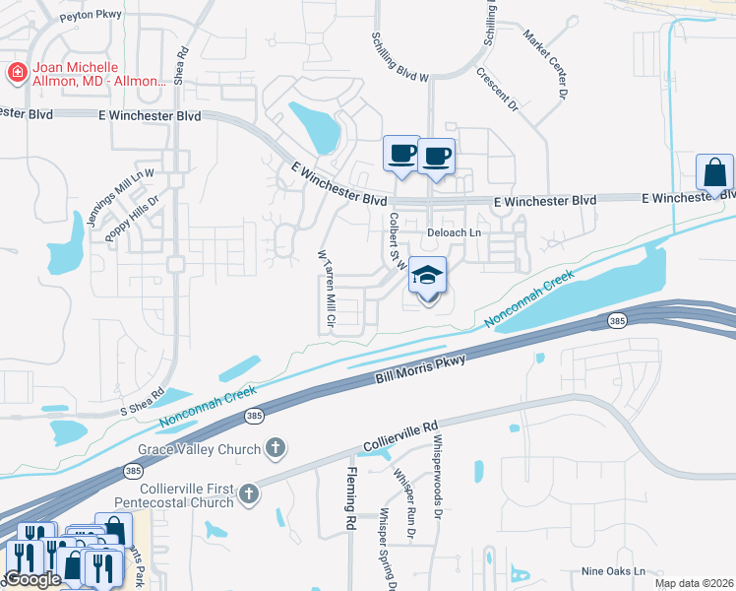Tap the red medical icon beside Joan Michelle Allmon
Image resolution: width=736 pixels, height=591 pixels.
(x=15, y=72)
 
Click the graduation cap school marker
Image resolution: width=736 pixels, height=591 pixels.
(x=428, y=277)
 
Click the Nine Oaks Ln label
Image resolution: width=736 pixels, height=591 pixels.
(x=613, y=571)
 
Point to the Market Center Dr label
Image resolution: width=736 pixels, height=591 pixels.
(x=546, y=65)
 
